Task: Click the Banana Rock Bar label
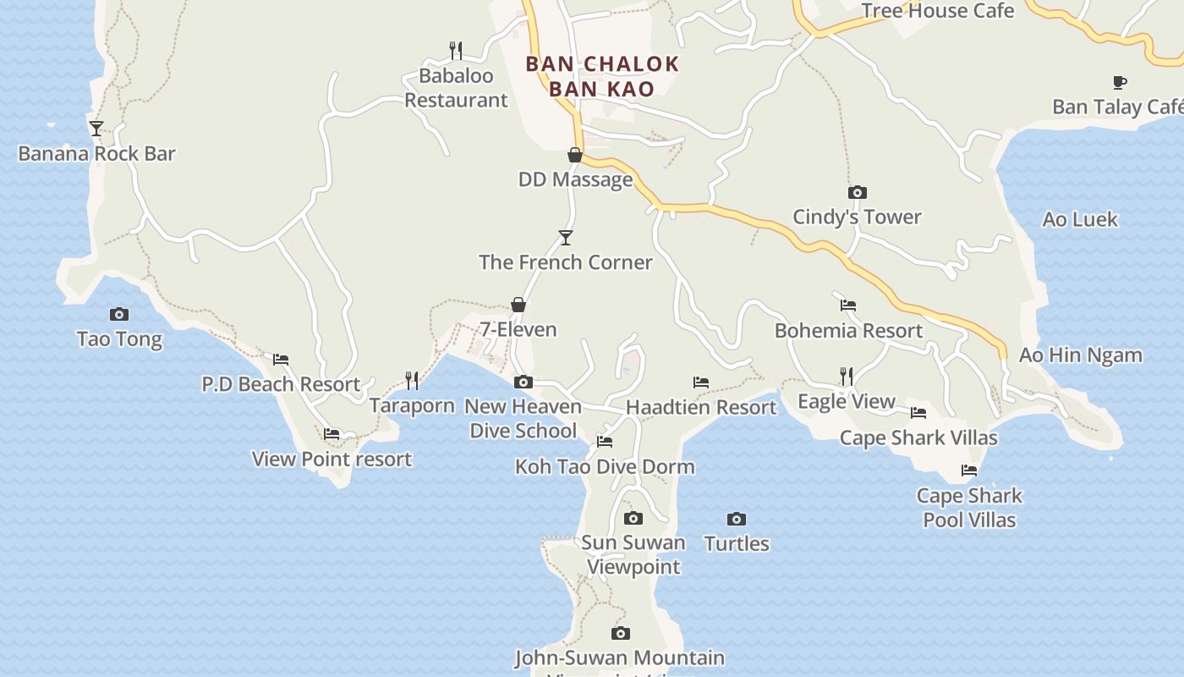[x=96, y=154]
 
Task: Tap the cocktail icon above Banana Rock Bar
[x=96, y=129]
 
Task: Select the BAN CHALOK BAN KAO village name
[x=602, y=76]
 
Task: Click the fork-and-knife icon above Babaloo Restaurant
[x=456, y=51]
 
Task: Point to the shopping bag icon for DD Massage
[x=575, y=155]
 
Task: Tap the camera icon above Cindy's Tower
[x=857, y=192]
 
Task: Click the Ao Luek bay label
[x=1080, y=220]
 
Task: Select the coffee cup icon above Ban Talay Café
[x=1119, y=82]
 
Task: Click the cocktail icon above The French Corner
[x=566, y=238]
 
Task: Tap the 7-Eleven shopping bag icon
[x=518, y=305]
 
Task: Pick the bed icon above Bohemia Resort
[x=848, y=305]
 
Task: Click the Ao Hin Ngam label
[x=1080, y=355]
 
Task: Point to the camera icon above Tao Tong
[x=119, y=315]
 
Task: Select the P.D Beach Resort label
[x=281, y=384]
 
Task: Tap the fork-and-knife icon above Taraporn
[x=412, y=380]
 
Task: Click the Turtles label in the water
[x=737, y=544]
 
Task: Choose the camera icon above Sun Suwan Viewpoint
[x=633, y=518]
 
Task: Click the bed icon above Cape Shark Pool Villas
[x=969, y=471]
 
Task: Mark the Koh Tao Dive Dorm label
[x=605, y=466]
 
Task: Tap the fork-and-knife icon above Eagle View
[x=846, y=376]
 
